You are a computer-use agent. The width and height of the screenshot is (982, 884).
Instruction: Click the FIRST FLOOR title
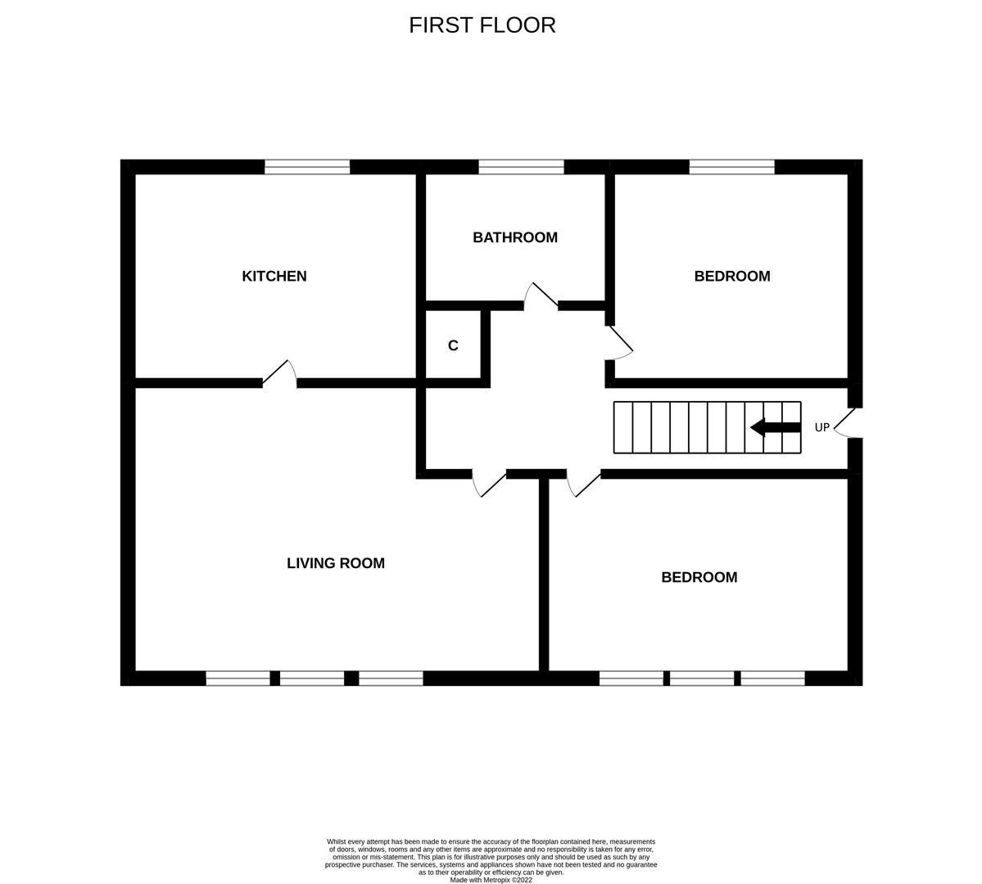tap(482, 25)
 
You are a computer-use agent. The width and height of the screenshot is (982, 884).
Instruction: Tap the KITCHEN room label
tap(274, 277)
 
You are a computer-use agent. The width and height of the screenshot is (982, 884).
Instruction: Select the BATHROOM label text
tap(514, 237)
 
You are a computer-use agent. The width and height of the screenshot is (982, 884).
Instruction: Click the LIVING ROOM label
tap(335, 563)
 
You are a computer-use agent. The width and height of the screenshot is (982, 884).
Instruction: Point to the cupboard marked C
tap(453, 345)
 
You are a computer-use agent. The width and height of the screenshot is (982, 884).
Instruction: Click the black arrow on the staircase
tap(775, 427)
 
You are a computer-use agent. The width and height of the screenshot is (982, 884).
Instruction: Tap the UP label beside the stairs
tap(821, 427)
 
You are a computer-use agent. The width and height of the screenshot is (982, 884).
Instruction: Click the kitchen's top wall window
tap(307, 167)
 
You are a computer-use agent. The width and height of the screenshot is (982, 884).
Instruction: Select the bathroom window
tap(521, 167)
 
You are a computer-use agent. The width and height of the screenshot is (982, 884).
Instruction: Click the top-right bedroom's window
tap(731, 167)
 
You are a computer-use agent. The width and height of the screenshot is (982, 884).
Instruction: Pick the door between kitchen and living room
tap(280, 374)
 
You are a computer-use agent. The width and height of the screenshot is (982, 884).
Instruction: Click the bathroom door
tap(541, 297)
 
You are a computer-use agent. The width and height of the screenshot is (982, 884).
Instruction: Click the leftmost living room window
tap(238, 678)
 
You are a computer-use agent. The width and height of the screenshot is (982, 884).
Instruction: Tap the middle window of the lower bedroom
tap(702, 678)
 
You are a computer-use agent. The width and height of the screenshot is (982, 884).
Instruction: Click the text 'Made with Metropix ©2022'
tap(491, 880)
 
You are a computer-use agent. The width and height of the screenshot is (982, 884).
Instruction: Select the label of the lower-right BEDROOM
tap(699, 578)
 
